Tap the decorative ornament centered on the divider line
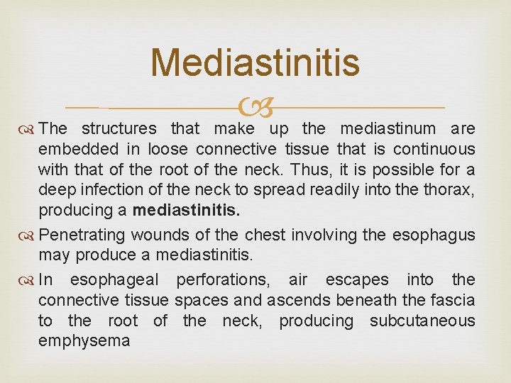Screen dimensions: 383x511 click(x=255, y=109)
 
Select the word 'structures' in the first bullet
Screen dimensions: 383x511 click(x=119, y=128)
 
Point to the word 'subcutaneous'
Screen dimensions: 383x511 click(x=422, y=321)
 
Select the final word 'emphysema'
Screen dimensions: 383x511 click(x=84, y=341)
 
